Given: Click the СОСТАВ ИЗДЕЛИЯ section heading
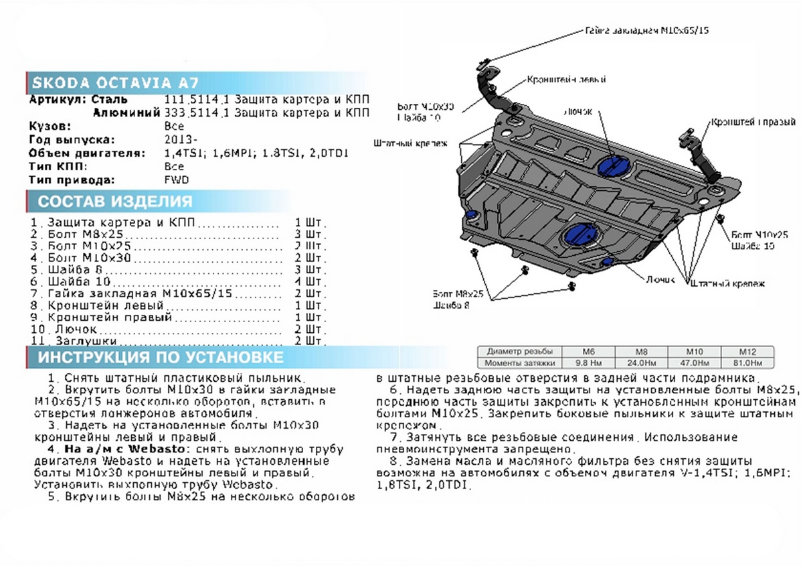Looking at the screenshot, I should (114, 202).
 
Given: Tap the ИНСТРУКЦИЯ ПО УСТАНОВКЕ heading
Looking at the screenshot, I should (160, 357).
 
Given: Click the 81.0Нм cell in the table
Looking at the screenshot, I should (746, 362).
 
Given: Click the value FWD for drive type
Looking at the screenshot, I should (176, 180).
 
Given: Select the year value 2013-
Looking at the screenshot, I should (180, 139).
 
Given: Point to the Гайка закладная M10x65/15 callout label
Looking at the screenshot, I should (646, 31).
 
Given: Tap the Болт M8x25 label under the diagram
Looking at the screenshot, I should (458, 293).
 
